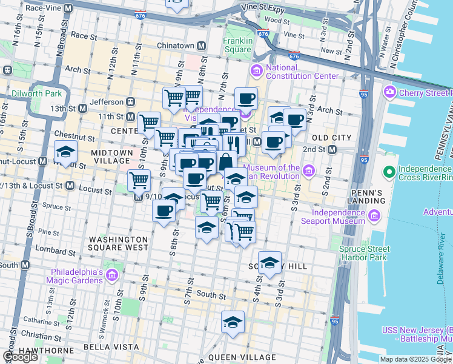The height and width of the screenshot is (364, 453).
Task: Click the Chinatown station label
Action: pos(176,46)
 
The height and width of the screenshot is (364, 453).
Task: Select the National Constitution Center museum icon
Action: pos(256,72)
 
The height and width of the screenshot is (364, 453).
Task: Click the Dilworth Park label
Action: pos(36,95)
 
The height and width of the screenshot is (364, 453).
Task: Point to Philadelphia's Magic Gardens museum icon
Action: pos(111,276)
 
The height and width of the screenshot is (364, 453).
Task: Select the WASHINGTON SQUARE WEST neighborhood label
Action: pos(118,243)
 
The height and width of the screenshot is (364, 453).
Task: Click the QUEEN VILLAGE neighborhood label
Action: pos(242,357)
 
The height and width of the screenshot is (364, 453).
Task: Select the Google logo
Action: pos(21,357)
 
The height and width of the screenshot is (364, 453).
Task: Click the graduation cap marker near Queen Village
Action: pos(233,322)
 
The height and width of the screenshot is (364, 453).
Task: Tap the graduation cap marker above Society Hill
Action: pos(269,261)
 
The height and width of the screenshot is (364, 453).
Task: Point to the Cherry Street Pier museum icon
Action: pos(389,93)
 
